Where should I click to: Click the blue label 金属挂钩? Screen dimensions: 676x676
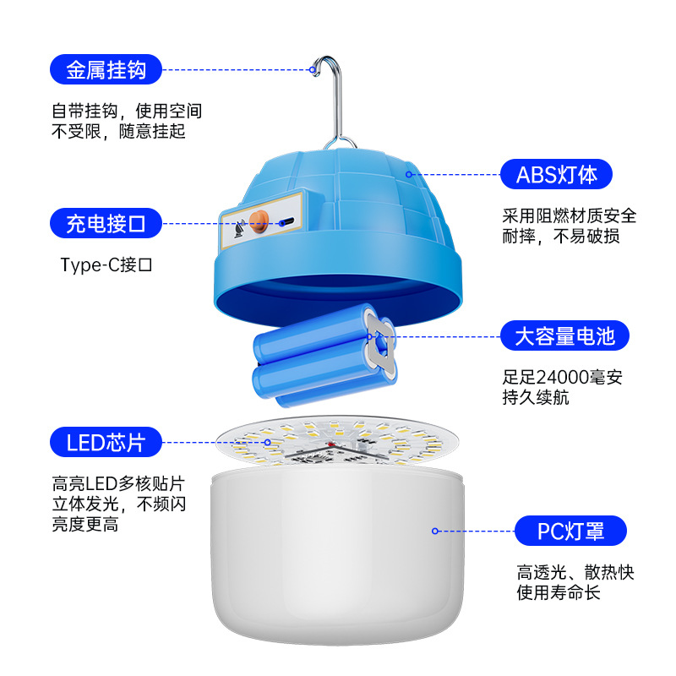pos(106,69)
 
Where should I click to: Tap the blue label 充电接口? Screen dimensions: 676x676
pos(106,223)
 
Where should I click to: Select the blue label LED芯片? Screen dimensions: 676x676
pos(106,442)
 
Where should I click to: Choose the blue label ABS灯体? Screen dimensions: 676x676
pos(556,174)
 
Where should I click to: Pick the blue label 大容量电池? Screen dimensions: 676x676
pos(564,335)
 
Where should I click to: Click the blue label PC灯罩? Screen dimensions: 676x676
pos(570,531)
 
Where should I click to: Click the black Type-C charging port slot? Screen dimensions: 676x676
pos(286,222)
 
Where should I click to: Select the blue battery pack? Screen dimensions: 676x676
pos(324,356)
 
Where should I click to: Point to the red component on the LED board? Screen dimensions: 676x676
pos(331,444)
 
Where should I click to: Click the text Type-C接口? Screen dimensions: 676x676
pos(106,264)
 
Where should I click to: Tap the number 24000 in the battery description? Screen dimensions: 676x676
pos(563,377)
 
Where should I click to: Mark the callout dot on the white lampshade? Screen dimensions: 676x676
pos(435,531)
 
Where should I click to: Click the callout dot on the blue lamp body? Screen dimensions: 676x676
pos(409,174)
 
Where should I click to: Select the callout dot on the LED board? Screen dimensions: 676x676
pos(268,442)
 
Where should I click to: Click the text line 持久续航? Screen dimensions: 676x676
pos(536,397)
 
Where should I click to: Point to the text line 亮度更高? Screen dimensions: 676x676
pos(85,524)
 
